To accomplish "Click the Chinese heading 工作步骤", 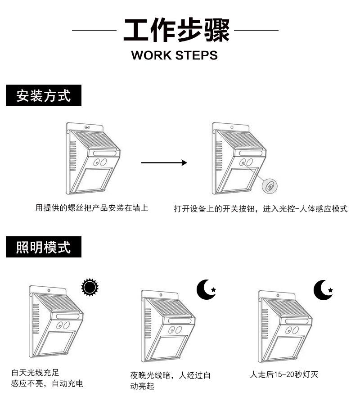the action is click(x=176, y=30).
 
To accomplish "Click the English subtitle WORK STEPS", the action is click(x=175, y=55).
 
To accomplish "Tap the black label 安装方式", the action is click(x=44, y=96).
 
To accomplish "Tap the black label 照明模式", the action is click(x=44, y=247).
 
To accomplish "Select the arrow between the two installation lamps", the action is click(x=164, y=162).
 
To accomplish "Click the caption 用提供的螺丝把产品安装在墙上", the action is click(x=92, y=208).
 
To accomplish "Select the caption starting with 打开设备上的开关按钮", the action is click(x=261, y=209).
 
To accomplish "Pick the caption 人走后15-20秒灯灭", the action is click(x=284, y=374).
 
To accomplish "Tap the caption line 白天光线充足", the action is click(x=35, y=373).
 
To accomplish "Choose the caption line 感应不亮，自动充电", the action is click(x=47, y=384).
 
